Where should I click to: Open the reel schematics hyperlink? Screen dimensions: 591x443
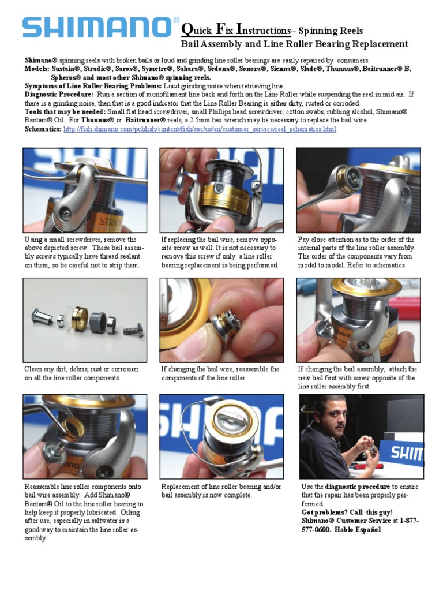[200, 129]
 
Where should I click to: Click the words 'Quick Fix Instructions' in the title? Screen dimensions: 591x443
[236, 31]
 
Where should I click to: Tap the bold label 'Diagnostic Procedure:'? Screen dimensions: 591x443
[59, 95]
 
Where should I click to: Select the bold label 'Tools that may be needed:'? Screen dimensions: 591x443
[65, 112]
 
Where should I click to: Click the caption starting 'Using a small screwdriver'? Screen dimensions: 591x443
[84, 252]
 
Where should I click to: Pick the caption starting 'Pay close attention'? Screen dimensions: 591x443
[356, 252]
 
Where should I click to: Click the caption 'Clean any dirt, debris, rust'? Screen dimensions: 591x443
[73, 373]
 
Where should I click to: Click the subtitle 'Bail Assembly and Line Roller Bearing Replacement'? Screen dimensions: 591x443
[295, 44]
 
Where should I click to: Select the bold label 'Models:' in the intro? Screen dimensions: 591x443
[37, 69]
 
